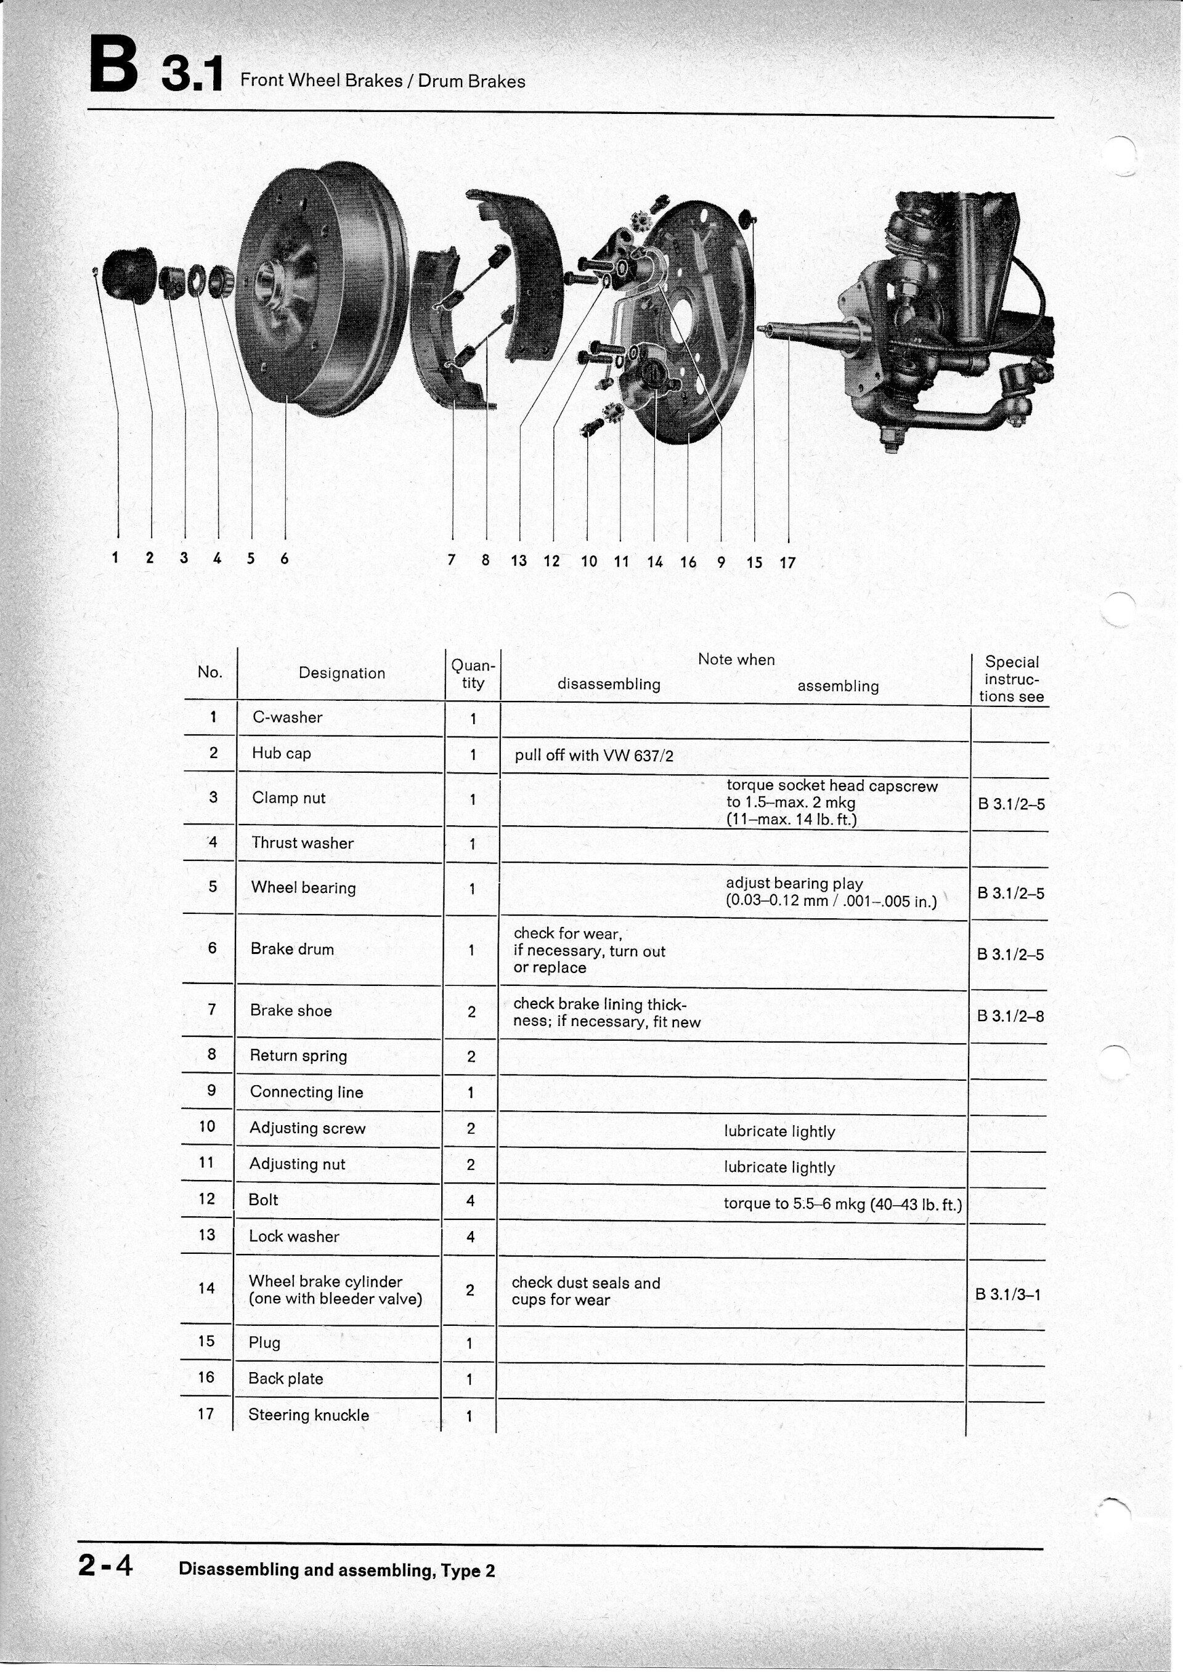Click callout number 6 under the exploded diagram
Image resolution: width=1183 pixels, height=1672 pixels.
(285, 559)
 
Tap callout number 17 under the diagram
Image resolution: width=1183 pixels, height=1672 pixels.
(787, 562)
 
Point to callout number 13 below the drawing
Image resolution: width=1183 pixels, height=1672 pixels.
(519, 561)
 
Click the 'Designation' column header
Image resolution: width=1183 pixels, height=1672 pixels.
(341, 673)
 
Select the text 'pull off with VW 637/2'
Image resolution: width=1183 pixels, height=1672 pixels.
(594, 755)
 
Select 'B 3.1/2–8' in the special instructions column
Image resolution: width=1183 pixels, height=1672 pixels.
(1010, 1015)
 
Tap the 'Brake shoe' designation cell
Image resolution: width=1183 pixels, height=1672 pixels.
(291, 1010)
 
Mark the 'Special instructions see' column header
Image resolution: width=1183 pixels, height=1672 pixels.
(1011, 679)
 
